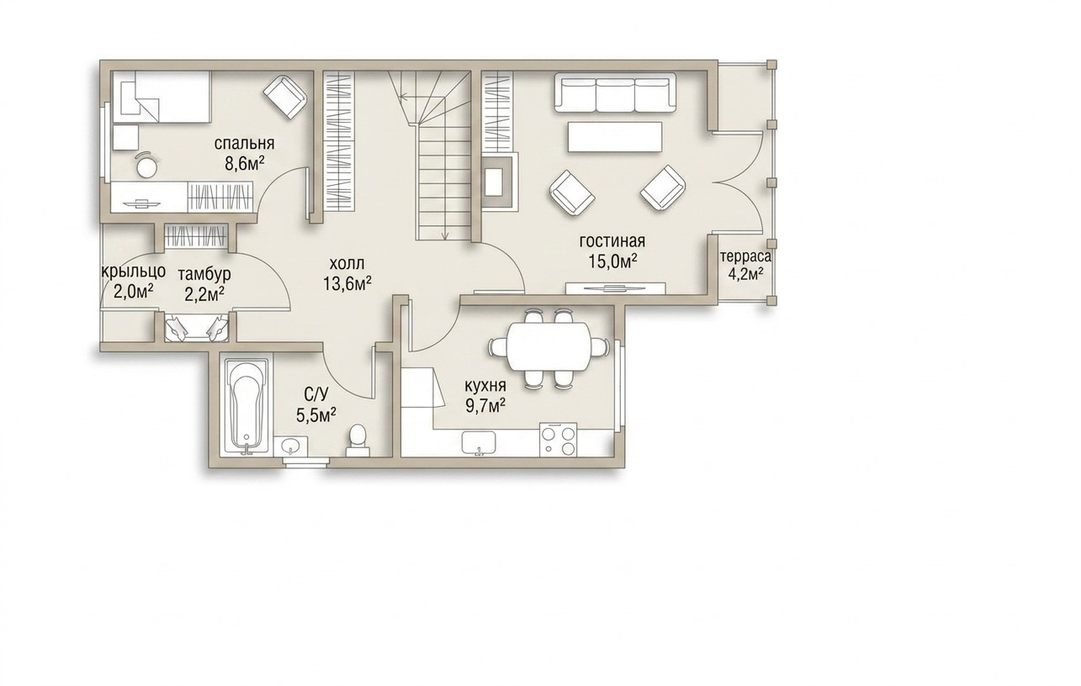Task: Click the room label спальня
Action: tap(244, 144)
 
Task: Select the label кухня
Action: tap(485, 387)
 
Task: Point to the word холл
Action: tap(347, 263)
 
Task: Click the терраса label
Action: tap(745, 256)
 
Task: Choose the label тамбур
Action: tap(204, 275)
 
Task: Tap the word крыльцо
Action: tap(134, 272)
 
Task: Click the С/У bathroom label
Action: tap(316, 395)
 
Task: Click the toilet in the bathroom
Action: tap(358, 440)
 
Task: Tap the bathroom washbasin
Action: tap(291, 446)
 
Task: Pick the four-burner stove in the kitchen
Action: tap(559, 439)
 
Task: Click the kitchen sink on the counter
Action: tap(479, 443)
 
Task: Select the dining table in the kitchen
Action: tap(548, 347)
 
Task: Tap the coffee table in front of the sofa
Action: tap(615, 137)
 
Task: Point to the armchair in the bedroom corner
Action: tap(285, 97)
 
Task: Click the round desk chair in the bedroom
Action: tap(147, 165)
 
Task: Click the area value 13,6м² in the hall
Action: tap(347, 283)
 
